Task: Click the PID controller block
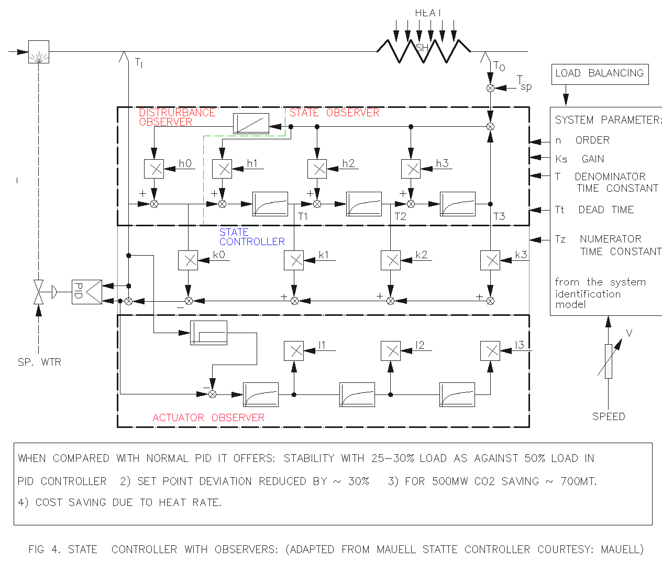87,292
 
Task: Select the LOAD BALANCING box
600,74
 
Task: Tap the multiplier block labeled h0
154,169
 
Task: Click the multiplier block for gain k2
390,260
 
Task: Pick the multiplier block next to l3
490,351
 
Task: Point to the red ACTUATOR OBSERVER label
208,417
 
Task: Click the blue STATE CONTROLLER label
252,237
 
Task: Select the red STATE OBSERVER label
334,113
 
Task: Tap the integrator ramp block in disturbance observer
251,123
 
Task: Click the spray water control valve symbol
38,292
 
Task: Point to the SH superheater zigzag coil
423,51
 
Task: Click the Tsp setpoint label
524,83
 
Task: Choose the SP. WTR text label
39,362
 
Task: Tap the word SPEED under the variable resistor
609,416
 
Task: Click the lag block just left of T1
270,204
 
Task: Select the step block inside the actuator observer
208,333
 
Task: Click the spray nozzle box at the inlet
39,52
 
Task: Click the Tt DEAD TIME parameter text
594,210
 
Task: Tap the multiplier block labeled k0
188,260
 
